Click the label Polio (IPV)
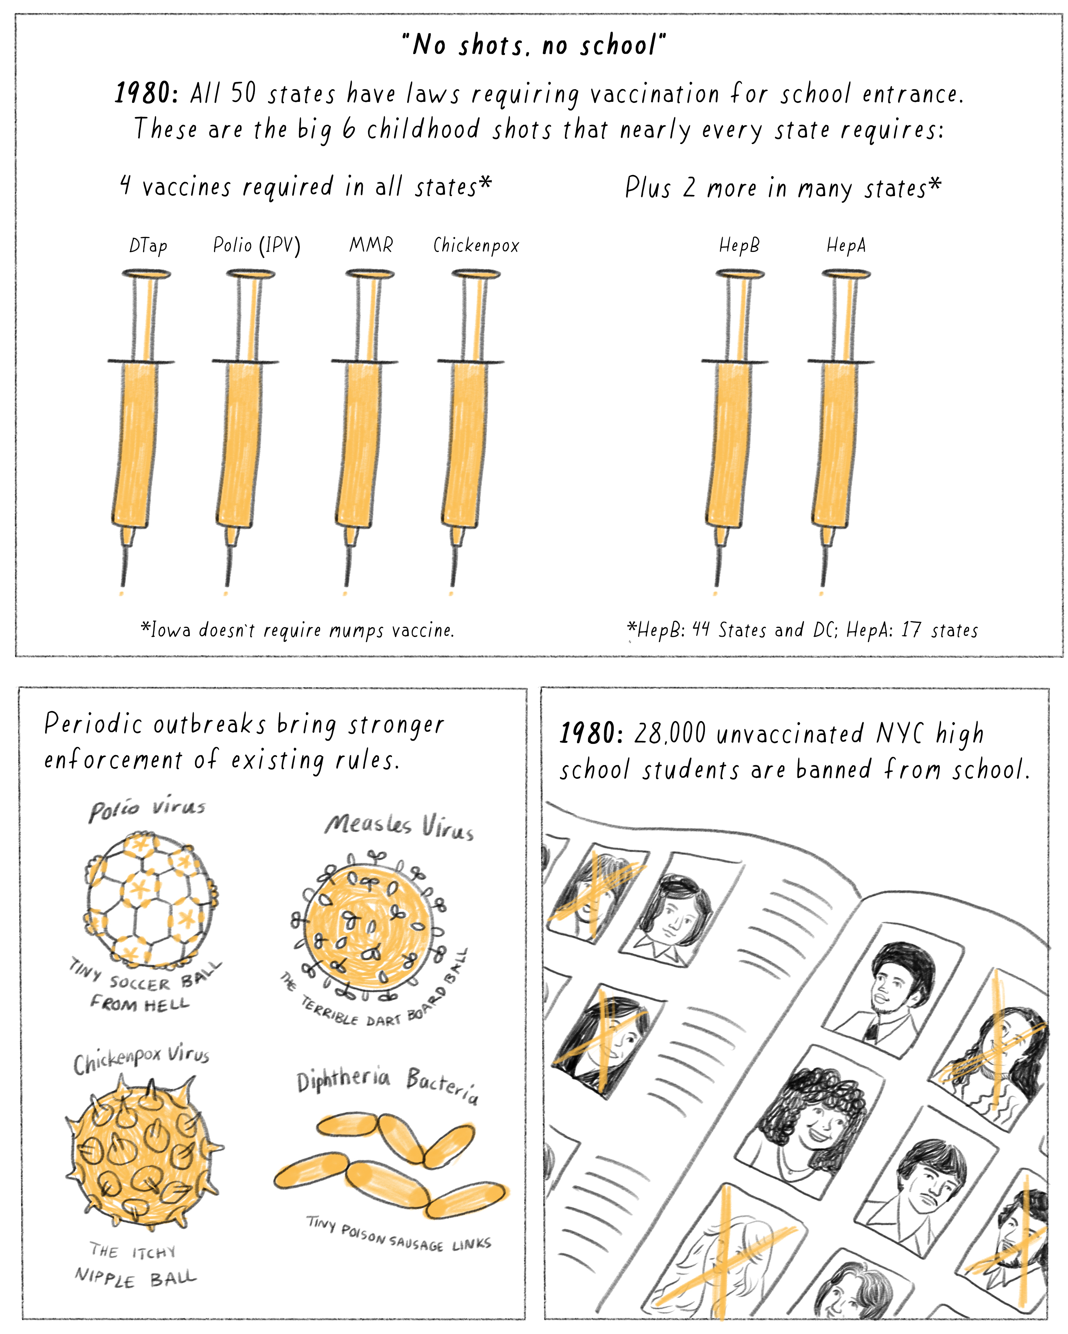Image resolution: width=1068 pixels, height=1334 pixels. point(256,246)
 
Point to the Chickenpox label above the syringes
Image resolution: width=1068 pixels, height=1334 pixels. point(476,246)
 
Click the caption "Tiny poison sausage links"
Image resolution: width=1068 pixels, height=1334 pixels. point(399,1234)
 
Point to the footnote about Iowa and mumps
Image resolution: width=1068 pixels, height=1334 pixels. point(297,630)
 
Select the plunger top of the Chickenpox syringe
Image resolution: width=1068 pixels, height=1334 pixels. point(476,274)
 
